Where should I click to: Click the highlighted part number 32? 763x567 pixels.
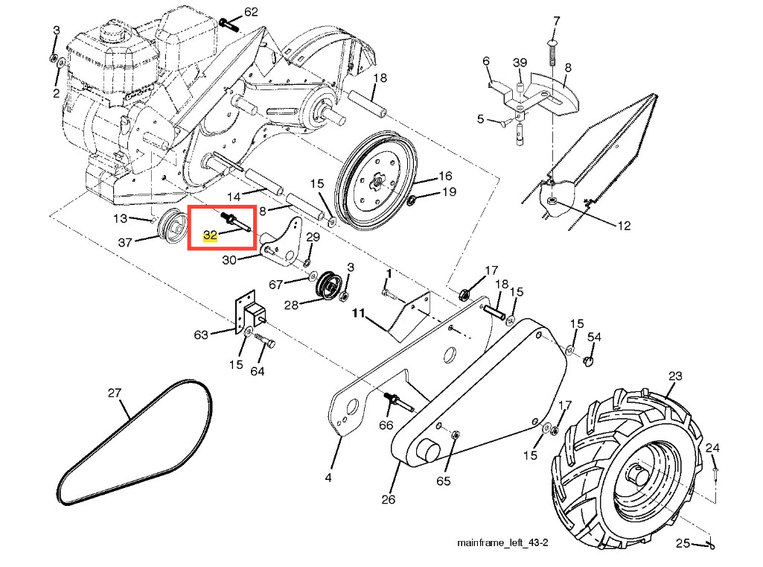point(210,235)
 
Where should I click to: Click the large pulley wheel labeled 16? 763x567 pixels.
point(377,180)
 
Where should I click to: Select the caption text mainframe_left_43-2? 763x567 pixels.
point(502,542)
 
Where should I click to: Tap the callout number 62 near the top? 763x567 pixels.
point(251,12)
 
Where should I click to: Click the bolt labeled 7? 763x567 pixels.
point(552,53)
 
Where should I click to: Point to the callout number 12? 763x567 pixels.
point(624,226)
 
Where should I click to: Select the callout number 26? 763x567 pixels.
point(389,499)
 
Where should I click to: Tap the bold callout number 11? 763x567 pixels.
point(359,313)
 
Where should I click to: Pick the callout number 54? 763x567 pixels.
point(594,337)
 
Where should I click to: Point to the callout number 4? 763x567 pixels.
point(328,478)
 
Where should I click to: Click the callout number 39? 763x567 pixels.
point(520,63)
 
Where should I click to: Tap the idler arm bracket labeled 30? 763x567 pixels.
point(281,243)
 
